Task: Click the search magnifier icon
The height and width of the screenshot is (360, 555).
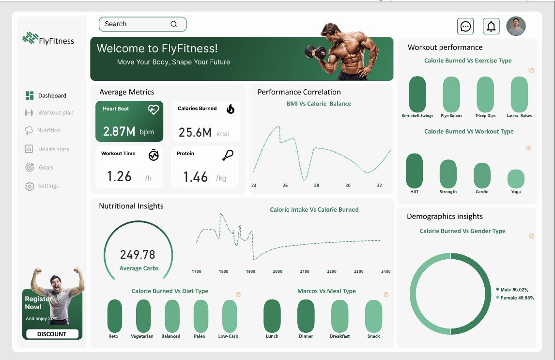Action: (174, 24)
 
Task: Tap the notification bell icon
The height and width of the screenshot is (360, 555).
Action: (491, 26)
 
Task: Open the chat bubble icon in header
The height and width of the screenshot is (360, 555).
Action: (465, 26)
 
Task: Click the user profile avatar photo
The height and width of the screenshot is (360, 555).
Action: (516, 26)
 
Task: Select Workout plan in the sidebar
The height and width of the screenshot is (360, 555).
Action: (56, 113)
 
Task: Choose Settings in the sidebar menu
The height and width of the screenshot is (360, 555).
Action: (48, 186)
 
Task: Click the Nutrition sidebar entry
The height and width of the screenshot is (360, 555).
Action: (48, 131)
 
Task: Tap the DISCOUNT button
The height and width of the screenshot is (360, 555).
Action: (52, 334)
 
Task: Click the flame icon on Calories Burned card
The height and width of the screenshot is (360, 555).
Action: (231, 109)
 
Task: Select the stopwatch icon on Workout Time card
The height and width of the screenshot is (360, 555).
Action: (154, 155)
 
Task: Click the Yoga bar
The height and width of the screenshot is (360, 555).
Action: (516, 179)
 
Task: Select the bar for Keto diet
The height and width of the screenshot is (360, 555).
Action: (115, 315)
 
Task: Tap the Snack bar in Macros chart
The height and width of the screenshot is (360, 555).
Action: (373, 316)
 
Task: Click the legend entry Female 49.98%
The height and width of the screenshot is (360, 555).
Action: (516, 298)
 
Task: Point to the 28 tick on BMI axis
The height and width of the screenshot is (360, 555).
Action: (316, 186)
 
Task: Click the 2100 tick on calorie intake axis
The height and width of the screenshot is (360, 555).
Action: (304, 271)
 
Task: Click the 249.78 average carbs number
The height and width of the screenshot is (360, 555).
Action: (138, 255)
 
